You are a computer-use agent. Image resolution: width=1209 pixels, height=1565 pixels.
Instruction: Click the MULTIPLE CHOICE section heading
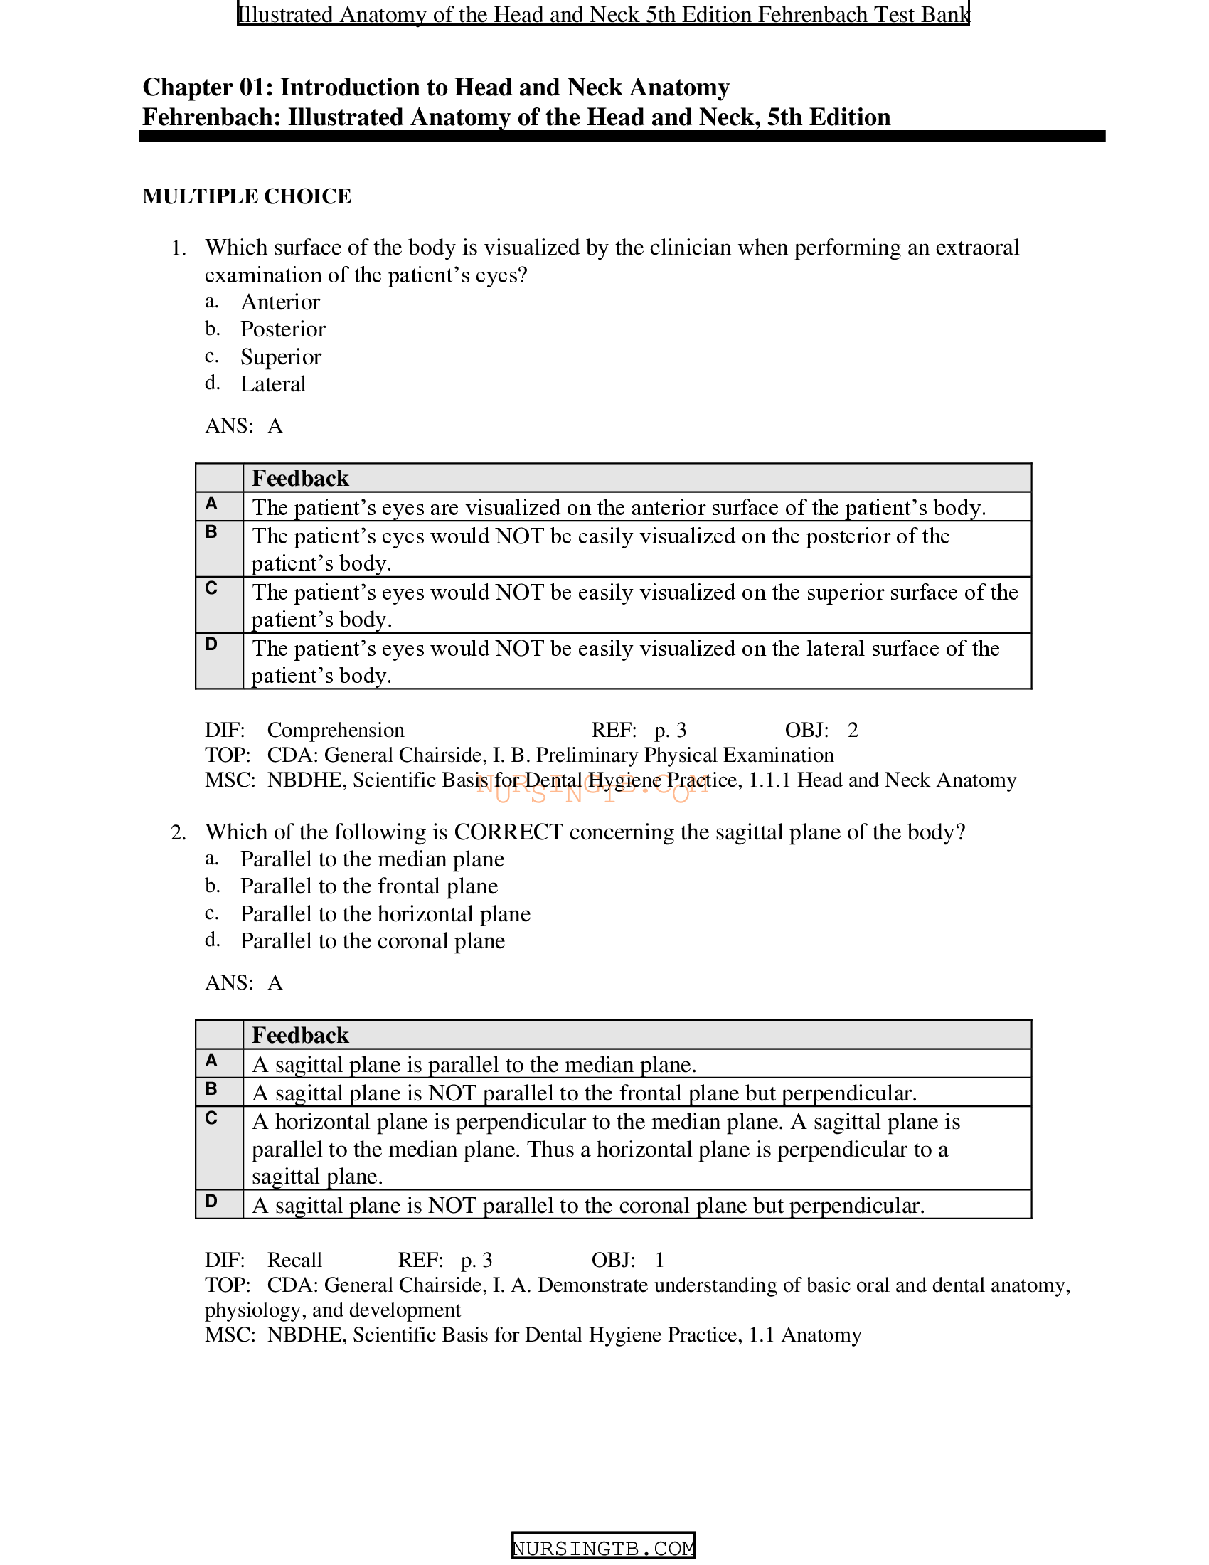tap(246, 196)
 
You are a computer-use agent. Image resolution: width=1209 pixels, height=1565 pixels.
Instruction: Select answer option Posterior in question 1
tap(282, 329)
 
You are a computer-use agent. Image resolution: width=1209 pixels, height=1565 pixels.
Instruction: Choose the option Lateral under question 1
tap(273, 384)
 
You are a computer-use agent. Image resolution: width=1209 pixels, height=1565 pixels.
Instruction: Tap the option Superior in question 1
tap(281, 357)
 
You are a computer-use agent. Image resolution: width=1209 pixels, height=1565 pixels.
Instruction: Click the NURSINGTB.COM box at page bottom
tap(603, 1548)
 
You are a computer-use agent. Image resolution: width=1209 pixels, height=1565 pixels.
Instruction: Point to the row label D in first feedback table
tap(211, 645)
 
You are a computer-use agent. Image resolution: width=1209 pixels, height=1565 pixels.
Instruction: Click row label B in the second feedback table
tap(211, 1089)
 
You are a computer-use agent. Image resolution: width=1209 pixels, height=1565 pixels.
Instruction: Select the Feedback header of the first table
tap(300, 478)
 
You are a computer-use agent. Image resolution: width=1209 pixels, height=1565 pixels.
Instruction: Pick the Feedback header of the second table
tap(300, 1035)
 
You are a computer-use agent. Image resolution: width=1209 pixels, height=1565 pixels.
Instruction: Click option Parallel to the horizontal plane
tap(385, 913)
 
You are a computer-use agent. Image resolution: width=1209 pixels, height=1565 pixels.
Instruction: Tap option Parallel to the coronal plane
tap(372, 941)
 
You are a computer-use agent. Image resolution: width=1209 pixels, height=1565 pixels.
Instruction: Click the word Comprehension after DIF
tap(335, 730)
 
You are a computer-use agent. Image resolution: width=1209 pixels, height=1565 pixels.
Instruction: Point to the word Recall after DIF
tap(294, 1260)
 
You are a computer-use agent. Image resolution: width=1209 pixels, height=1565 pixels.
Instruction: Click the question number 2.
tap(178, 833)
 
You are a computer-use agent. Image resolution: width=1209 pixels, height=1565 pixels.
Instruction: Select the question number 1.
tap(178, 248)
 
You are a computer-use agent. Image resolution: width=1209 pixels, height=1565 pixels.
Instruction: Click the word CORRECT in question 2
tap(508, 832)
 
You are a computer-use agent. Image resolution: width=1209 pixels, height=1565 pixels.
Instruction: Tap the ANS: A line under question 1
tap(243, 425)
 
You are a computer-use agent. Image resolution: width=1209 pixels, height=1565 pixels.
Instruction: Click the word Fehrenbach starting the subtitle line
tap(211, 117)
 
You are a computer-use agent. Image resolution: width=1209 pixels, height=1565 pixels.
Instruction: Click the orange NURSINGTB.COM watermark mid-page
tap(593, 787)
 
